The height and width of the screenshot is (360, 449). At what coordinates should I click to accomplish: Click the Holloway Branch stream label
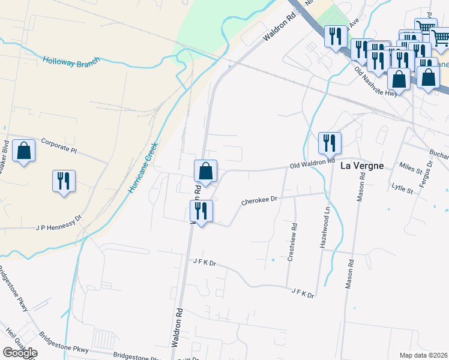71,61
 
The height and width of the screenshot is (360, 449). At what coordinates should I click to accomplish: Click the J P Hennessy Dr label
58,227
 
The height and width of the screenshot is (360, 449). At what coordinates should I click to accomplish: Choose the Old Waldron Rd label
312,163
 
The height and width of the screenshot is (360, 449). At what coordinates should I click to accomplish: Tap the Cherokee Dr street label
259,199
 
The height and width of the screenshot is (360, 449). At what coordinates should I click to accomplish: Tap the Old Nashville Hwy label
376,82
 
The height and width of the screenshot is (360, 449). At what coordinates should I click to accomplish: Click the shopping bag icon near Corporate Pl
23,151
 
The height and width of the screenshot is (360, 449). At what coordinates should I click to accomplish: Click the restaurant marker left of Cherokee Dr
200,211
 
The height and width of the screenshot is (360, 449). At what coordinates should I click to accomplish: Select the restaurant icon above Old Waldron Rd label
329,143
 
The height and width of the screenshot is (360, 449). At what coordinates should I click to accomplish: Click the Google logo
20,353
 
